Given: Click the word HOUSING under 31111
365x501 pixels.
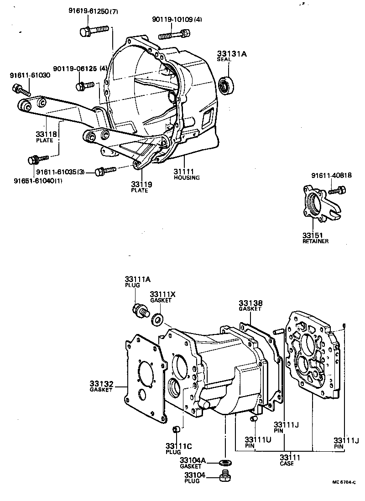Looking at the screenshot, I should tap(187, 177).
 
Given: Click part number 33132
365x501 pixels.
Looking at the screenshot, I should tap(101, 384).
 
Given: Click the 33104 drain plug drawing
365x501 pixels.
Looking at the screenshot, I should tap(224, 477).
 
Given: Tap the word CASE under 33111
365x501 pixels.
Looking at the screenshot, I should tap(287, 464).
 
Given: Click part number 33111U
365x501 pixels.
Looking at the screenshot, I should tap(258, 440).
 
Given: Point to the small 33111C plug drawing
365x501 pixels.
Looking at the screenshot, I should tap(177, 429).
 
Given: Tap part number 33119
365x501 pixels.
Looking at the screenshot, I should tap(141, 184).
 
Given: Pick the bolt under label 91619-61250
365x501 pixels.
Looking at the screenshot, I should tap(93, 31).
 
